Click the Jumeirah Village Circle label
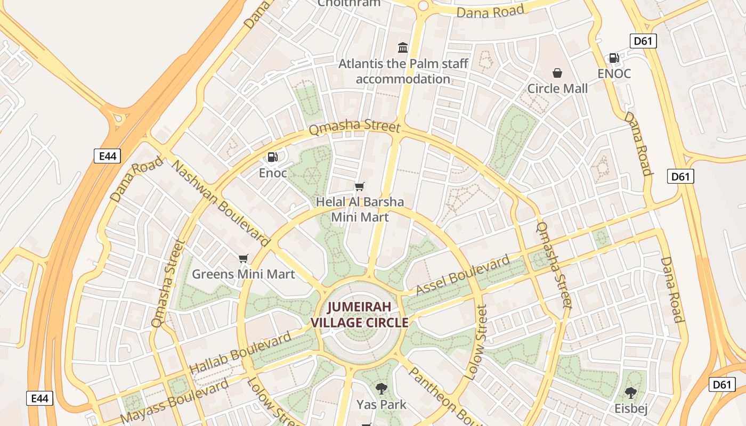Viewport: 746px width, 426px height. (x=360, y=315)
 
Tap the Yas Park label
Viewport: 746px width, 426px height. (x=381, y=405)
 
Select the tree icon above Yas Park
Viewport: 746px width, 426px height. (x=381, y=388)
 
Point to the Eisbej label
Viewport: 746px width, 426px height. (x=630, y=409)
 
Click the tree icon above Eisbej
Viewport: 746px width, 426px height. (x=630, y=393)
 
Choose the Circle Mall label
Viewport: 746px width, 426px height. (x=557, y=88)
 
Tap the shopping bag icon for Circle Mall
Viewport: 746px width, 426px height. (x=557, y=72)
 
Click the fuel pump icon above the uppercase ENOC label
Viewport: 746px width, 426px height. (x=614, y=58)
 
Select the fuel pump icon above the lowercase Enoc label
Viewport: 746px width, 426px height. (x=272, y=157)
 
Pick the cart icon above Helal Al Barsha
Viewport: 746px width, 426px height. (x=360, y=186)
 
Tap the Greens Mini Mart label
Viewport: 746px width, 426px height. (x=243, y=274)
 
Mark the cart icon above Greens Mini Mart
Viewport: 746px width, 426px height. (x=244, y=259)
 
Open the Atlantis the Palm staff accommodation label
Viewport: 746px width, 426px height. (x=403, y=71)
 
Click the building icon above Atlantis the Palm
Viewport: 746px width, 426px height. (x=403, y=48)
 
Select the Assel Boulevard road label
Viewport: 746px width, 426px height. (x=463, y=275)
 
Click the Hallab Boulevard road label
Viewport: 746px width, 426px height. (x=241, y=352)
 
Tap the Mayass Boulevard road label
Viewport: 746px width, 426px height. (x=175, y=400)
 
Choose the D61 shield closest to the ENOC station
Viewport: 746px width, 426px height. (x=643, y=41)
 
